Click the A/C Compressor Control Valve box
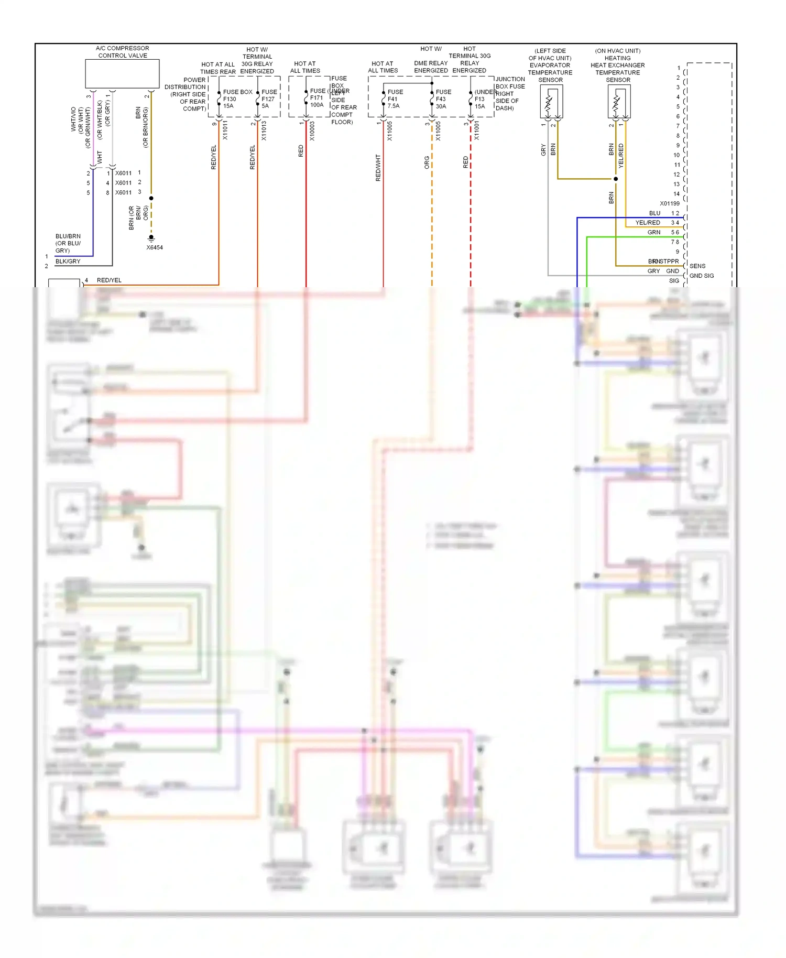coord(122,73)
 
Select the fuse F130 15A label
coord(230,99)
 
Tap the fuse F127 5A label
coord(268,99)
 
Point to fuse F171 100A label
coord(317,98)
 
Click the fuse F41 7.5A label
coord(394,99)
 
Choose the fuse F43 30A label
coord(442,99)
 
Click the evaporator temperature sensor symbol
coord(551,101)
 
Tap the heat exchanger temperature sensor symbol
coord(618,101)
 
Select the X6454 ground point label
coord(155,247)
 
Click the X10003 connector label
coord(312,131)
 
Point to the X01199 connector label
coord(669,203)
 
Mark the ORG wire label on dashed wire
coord(427,162)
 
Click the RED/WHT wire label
coord(378,168)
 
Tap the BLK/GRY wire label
coord(68,261)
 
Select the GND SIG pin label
coord(701,276)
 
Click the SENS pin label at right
coord(697,266)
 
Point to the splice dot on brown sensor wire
coord(616,179)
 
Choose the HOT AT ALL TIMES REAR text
coord(218,68)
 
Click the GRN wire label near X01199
coord(653,232)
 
